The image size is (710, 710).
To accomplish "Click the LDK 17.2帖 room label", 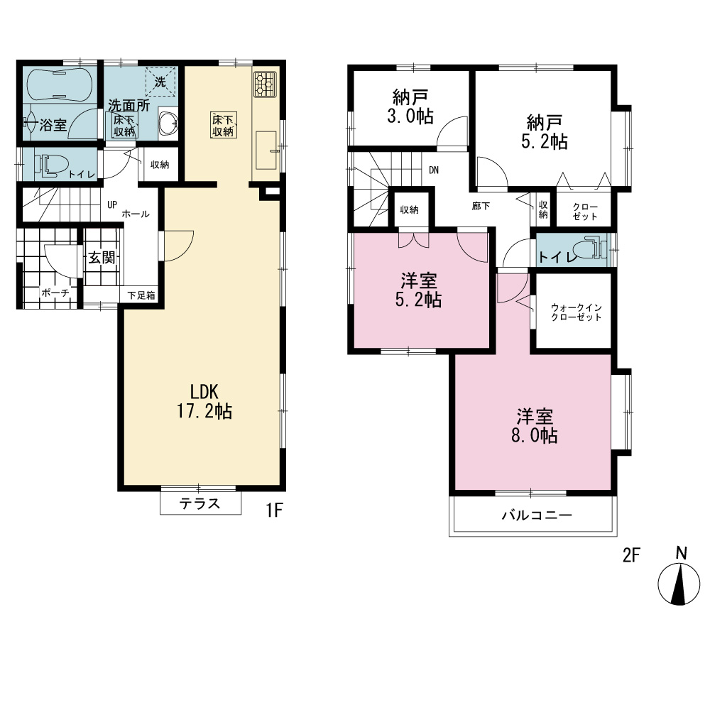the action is pyautogui.click(x=204, y=401).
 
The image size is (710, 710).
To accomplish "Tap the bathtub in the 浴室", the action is pyautogui.click(x=60, y=84).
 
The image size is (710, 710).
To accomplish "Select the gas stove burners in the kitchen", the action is pyautogui.click(x=265, y=84).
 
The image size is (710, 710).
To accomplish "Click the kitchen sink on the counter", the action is pyautogui.click(x=266, y=151).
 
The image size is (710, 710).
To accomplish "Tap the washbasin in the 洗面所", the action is pyautogui.click(x=168, y=123).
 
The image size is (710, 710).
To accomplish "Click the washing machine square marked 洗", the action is pyautogui.click(x=160, y=82).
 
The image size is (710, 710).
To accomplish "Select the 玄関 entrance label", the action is pyautogui.click(x=102, y=258).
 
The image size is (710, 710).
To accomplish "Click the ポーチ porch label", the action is pyautogui.click(x=55, y=293).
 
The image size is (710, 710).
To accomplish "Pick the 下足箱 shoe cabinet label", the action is pyautogui.click(x=141, y=295).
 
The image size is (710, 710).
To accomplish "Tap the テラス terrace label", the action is pyautogui.click(x=200, y=503).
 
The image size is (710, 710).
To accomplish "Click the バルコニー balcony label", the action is pyautogui.click(x=537, y=515).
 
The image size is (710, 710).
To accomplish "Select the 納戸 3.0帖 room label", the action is pyautogui.click(x=410, y=106).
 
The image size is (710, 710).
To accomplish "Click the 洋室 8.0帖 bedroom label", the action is pyautogui.click(x=535, y=425).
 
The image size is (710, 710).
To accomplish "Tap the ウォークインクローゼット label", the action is pyautogui.click(x=576, y=312).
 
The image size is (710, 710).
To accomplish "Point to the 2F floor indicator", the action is pyautogui.click(x=631, y=555).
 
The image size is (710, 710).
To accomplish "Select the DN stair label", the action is pyautogui.click(x=433, y=170).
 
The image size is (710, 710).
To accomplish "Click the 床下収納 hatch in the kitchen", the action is pyautogui.click(x=223, y=126).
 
